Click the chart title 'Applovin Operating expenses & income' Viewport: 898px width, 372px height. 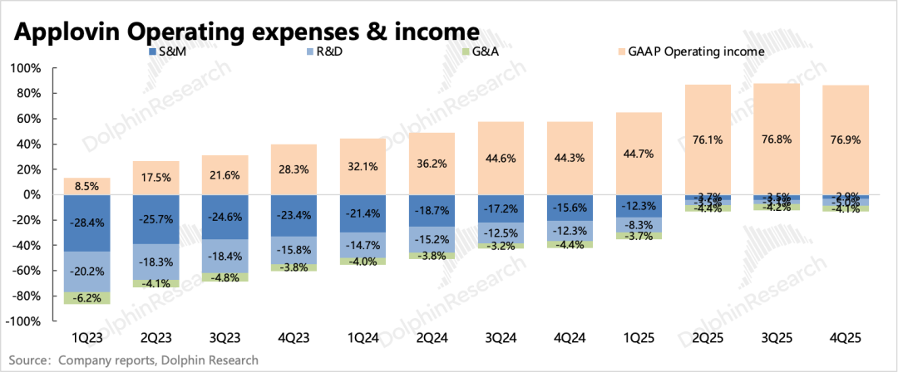pos(246,31)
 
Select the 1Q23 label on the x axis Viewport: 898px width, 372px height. pos(86,338)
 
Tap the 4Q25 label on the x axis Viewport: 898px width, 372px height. pos(846,338)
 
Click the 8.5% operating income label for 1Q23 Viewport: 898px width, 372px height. pos(86,187)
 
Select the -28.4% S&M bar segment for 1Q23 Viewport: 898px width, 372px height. pos(86,223)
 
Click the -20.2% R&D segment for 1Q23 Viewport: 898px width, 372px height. pos(86,272)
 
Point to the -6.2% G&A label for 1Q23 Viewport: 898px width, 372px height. pos(86,298)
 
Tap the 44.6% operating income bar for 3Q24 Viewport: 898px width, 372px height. pos(501,158)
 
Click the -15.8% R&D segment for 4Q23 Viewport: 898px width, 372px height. pos(294,249)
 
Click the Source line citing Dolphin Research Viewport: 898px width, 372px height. pos(133,360)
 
